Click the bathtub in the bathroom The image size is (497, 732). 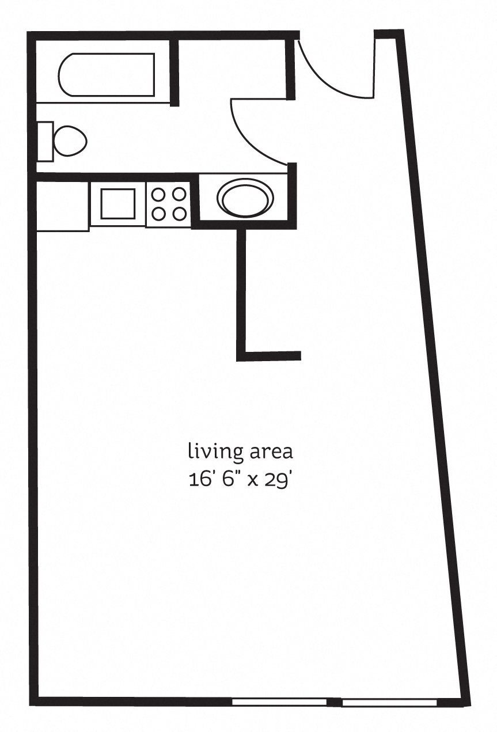point(107,74)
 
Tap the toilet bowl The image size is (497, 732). point(70,140)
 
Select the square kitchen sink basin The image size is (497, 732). point(118,203)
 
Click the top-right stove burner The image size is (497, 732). point(179,194)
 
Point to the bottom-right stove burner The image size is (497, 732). point(179,214)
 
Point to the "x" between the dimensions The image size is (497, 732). point(252,480)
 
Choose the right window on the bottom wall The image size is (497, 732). point(389,703)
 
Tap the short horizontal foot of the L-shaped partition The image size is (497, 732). point(271,356)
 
